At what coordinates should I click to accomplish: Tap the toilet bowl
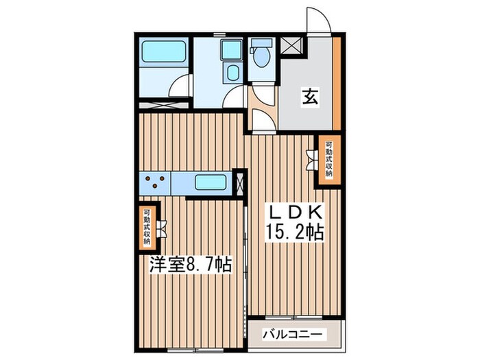(x=261, y=58)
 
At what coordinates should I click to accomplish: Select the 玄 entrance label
(x=310, y=97)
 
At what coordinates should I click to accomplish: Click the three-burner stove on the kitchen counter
(x=156, y=183)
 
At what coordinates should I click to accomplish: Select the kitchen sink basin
(x=211, y=183)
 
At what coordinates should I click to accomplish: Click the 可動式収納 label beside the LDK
(x=329, y=159)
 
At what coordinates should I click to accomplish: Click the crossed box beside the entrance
(x=291, y=46)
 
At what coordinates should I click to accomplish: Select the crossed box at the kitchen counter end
(x=239, y=183)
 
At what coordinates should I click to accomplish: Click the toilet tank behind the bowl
(x=261, y=43)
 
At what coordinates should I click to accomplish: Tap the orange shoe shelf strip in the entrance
(x=337, y=82)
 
